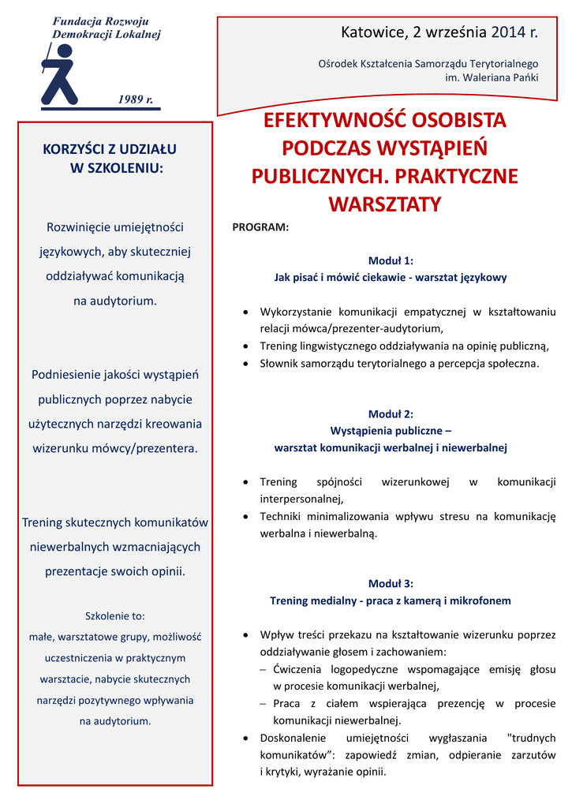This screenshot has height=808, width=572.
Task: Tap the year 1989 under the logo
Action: (134, 99)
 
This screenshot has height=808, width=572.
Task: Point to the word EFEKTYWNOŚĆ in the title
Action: (323, 122)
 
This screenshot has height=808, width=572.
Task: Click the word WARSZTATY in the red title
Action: (384, 205)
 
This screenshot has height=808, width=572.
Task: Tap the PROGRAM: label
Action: (260, 227)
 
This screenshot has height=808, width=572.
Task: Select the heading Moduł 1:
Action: (391, 260)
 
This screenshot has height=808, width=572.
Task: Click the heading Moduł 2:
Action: (391, 413)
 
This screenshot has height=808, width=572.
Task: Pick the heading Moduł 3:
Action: (391, 584)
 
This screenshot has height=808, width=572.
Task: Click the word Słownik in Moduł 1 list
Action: (280, 364)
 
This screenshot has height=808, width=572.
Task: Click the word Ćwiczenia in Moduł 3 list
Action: (299, 669)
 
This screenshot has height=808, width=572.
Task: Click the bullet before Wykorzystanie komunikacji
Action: (248, 312)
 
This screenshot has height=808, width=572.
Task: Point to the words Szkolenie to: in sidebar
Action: (114, 615)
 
